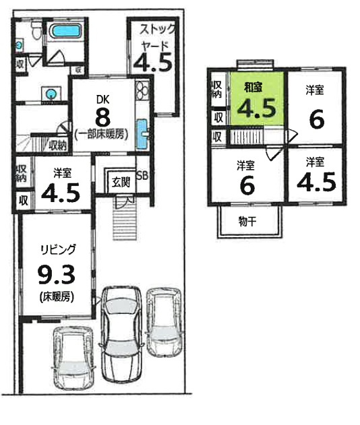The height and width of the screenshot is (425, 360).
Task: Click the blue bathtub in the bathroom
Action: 65,31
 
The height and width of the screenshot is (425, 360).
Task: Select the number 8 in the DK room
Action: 102,118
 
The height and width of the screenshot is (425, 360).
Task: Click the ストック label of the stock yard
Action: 157,29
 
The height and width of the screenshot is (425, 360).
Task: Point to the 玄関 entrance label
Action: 121,183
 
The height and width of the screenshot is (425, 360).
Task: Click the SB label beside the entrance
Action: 142,176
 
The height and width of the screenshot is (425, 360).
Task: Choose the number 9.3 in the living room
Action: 56,275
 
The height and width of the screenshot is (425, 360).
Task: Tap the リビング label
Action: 58,250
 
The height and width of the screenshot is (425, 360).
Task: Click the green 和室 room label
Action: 253,88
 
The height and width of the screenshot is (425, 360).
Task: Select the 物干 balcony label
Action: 247,222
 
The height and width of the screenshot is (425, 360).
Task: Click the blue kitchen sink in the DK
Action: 142,134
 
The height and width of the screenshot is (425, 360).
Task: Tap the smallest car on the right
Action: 164,323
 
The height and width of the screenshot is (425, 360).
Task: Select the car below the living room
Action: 73,358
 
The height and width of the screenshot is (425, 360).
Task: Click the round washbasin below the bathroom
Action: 51,94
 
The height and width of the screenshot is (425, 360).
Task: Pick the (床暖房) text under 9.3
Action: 57,297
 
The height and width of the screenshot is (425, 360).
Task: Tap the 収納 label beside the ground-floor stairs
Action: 58,146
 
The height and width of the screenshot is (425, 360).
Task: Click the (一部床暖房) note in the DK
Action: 102,135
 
